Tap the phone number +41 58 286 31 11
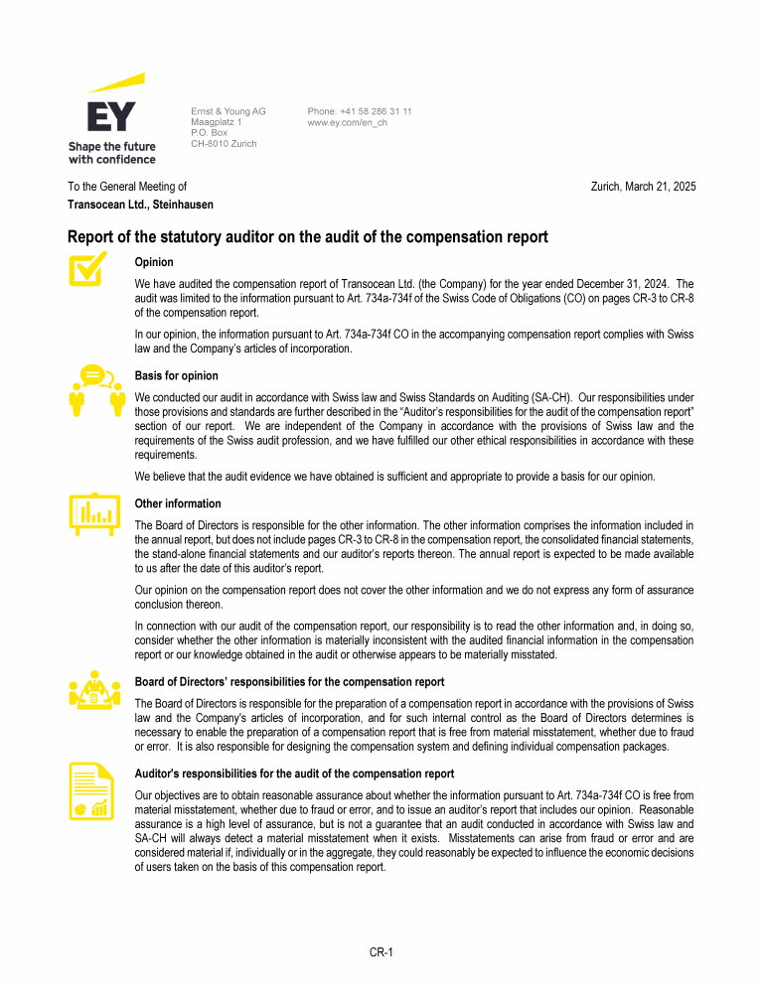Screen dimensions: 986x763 tap(360, 111)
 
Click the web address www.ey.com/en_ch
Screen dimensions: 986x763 tap(347, 122)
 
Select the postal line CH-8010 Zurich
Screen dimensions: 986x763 tap(224, 144)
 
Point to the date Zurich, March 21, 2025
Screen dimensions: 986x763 tap(643, 187)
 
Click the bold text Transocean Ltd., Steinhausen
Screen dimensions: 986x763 tap(140, 205)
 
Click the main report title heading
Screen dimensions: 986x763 tap(307, 237)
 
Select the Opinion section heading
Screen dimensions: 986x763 tap(154, 263)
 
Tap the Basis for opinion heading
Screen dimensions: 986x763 tap(176, 375)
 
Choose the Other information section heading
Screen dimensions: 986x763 tap(178, 503)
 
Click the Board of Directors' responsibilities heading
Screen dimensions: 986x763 tap(289, 681)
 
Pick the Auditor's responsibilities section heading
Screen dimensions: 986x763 tap(294, 774)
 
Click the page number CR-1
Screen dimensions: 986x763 tap(381, 953)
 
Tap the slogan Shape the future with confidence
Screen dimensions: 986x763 tap(111, 153)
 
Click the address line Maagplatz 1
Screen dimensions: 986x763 tap(216, 122)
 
